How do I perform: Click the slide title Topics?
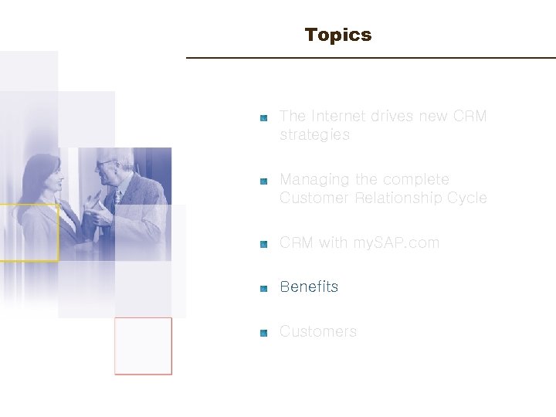click(338, 35)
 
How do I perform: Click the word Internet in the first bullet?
click(336, 116)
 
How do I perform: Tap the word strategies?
click(314, 134)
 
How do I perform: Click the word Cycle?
click(469, 198)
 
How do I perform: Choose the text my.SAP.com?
click(396, 242)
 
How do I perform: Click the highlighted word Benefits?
click(309, 286)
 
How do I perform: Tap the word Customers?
click(318, 331)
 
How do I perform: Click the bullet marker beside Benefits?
click(263, 289)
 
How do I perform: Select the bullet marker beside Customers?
click(263, 334)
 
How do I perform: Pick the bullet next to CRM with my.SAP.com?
click(263, 244)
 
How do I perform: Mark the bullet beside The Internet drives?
click(263, 118)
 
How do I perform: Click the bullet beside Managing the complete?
click(263, 181)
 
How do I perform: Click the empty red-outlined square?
click(143, 346)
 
